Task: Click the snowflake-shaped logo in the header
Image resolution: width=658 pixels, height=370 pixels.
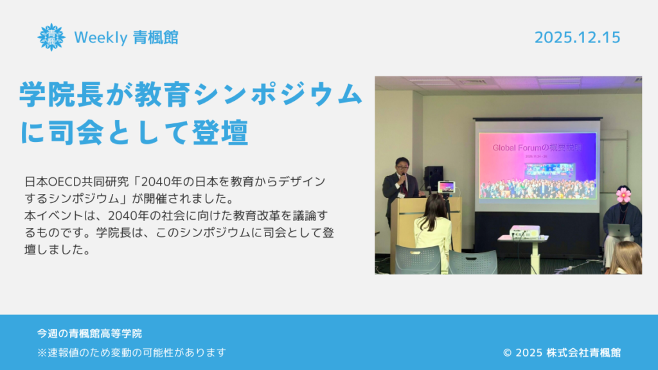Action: pos(51,37)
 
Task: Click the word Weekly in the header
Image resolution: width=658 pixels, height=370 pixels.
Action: pos(101,38)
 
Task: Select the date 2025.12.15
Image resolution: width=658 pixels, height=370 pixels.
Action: pos(578,37)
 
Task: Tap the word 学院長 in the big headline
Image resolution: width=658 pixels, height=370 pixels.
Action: pos(61,94)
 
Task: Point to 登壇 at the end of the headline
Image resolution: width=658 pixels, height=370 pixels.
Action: pos(221,132)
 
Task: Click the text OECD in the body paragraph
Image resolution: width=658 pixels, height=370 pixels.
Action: pos(64,182)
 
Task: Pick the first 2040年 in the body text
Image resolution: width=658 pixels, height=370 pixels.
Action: pos(156,182)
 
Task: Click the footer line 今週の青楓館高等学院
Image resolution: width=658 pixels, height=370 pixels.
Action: pos(89,333)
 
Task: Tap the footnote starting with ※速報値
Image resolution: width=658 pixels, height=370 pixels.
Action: pos(132,353)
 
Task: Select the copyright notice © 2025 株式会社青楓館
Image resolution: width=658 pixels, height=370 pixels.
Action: pos(562,353)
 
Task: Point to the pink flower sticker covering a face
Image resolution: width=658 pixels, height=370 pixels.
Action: pos(623,194)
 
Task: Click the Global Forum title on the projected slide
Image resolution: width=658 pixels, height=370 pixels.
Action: pos(538,148)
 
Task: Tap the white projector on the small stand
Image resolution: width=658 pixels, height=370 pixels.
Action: pos(524,232)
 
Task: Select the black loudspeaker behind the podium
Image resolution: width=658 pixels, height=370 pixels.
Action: pos(434,178)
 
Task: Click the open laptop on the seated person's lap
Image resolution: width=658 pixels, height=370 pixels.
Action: pos(619,231)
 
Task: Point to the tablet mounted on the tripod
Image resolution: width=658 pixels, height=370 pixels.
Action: pos(446,187)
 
